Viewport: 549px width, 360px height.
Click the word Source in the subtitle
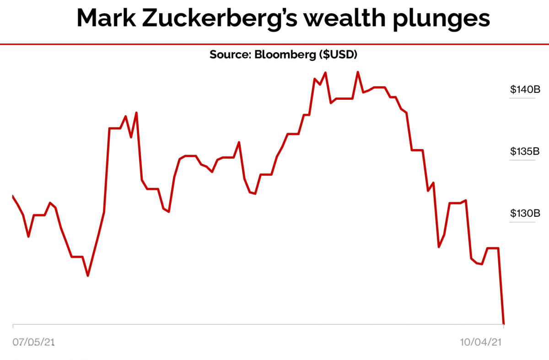pos(228,54)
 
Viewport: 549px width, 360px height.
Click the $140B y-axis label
pos(522,89)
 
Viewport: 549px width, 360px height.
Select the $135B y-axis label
pos(522,151)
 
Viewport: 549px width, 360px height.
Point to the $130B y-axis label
pos(522,213)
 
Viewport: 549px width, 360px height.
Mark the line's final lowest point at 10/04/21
pos(504,324)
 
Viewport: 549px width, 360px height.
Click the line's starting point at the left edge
pos(13,196)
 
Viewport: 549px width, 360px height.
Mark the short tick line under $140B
pos(522,97)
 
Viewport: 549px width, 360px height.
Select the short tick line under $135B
pos(522,160)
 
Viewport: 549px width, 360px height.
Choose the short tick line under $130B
pos(522,222)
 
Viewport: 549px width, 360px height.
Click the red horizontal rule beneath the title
pos(274,44)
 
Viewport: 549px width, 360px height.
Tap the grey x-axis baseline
pos(256,325)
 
